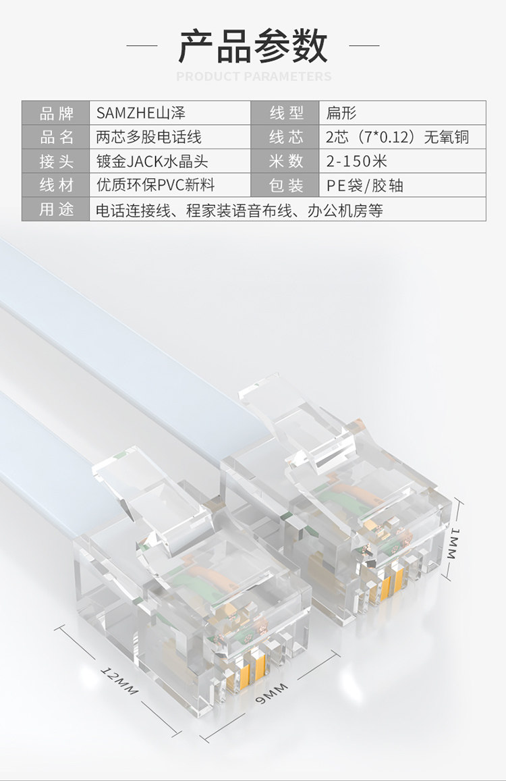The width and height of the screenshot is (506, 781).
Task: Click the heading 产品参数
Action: [x=253, y=46]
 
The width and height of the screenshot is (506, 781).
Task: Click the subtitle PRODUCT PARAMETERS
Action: [x=254, y=76]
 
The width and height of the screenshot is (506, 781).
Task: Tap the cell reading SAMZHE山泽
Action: [x=140, y=113]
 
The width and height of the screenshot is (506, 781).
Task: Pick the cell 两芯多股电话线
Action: [x=149, y=137]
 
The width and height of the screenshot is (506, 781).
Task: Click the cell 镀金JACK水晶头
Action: [x=152, y=161]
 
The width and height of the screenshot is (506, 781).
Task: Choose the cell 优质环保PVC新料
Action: [x=156, y=186]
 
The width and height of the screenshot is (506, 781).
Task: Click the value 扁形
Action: [x=341, y=113]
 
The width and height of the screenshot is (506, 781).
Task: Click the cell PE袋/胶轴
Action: [x=365, y=186]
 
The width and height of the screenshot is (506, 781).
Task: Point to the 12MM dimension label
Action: [x=119, y=681]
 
